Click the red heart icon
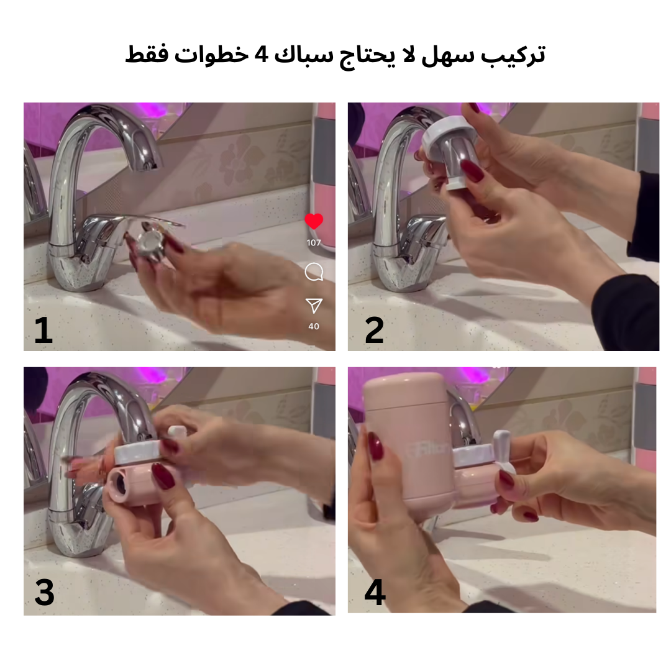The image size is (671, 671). (314, 221)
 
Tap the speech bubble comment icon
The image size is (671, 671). (314, 272)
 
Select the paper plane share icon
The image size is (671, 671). (314, 306)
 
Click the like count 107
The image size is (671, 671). (314, 243)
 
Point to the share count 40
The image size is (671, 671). (314, 326)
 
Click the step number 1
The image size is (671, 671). (43, 331)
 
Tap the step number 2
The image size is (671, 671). (375, 331)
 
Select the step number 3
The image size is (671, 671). (45, 592)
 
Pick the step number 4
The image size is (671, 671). (375, 592)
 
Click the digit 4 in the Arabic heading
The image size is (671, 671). (262, 54)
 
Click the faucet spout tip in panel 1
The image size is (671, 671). (149, 165)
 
